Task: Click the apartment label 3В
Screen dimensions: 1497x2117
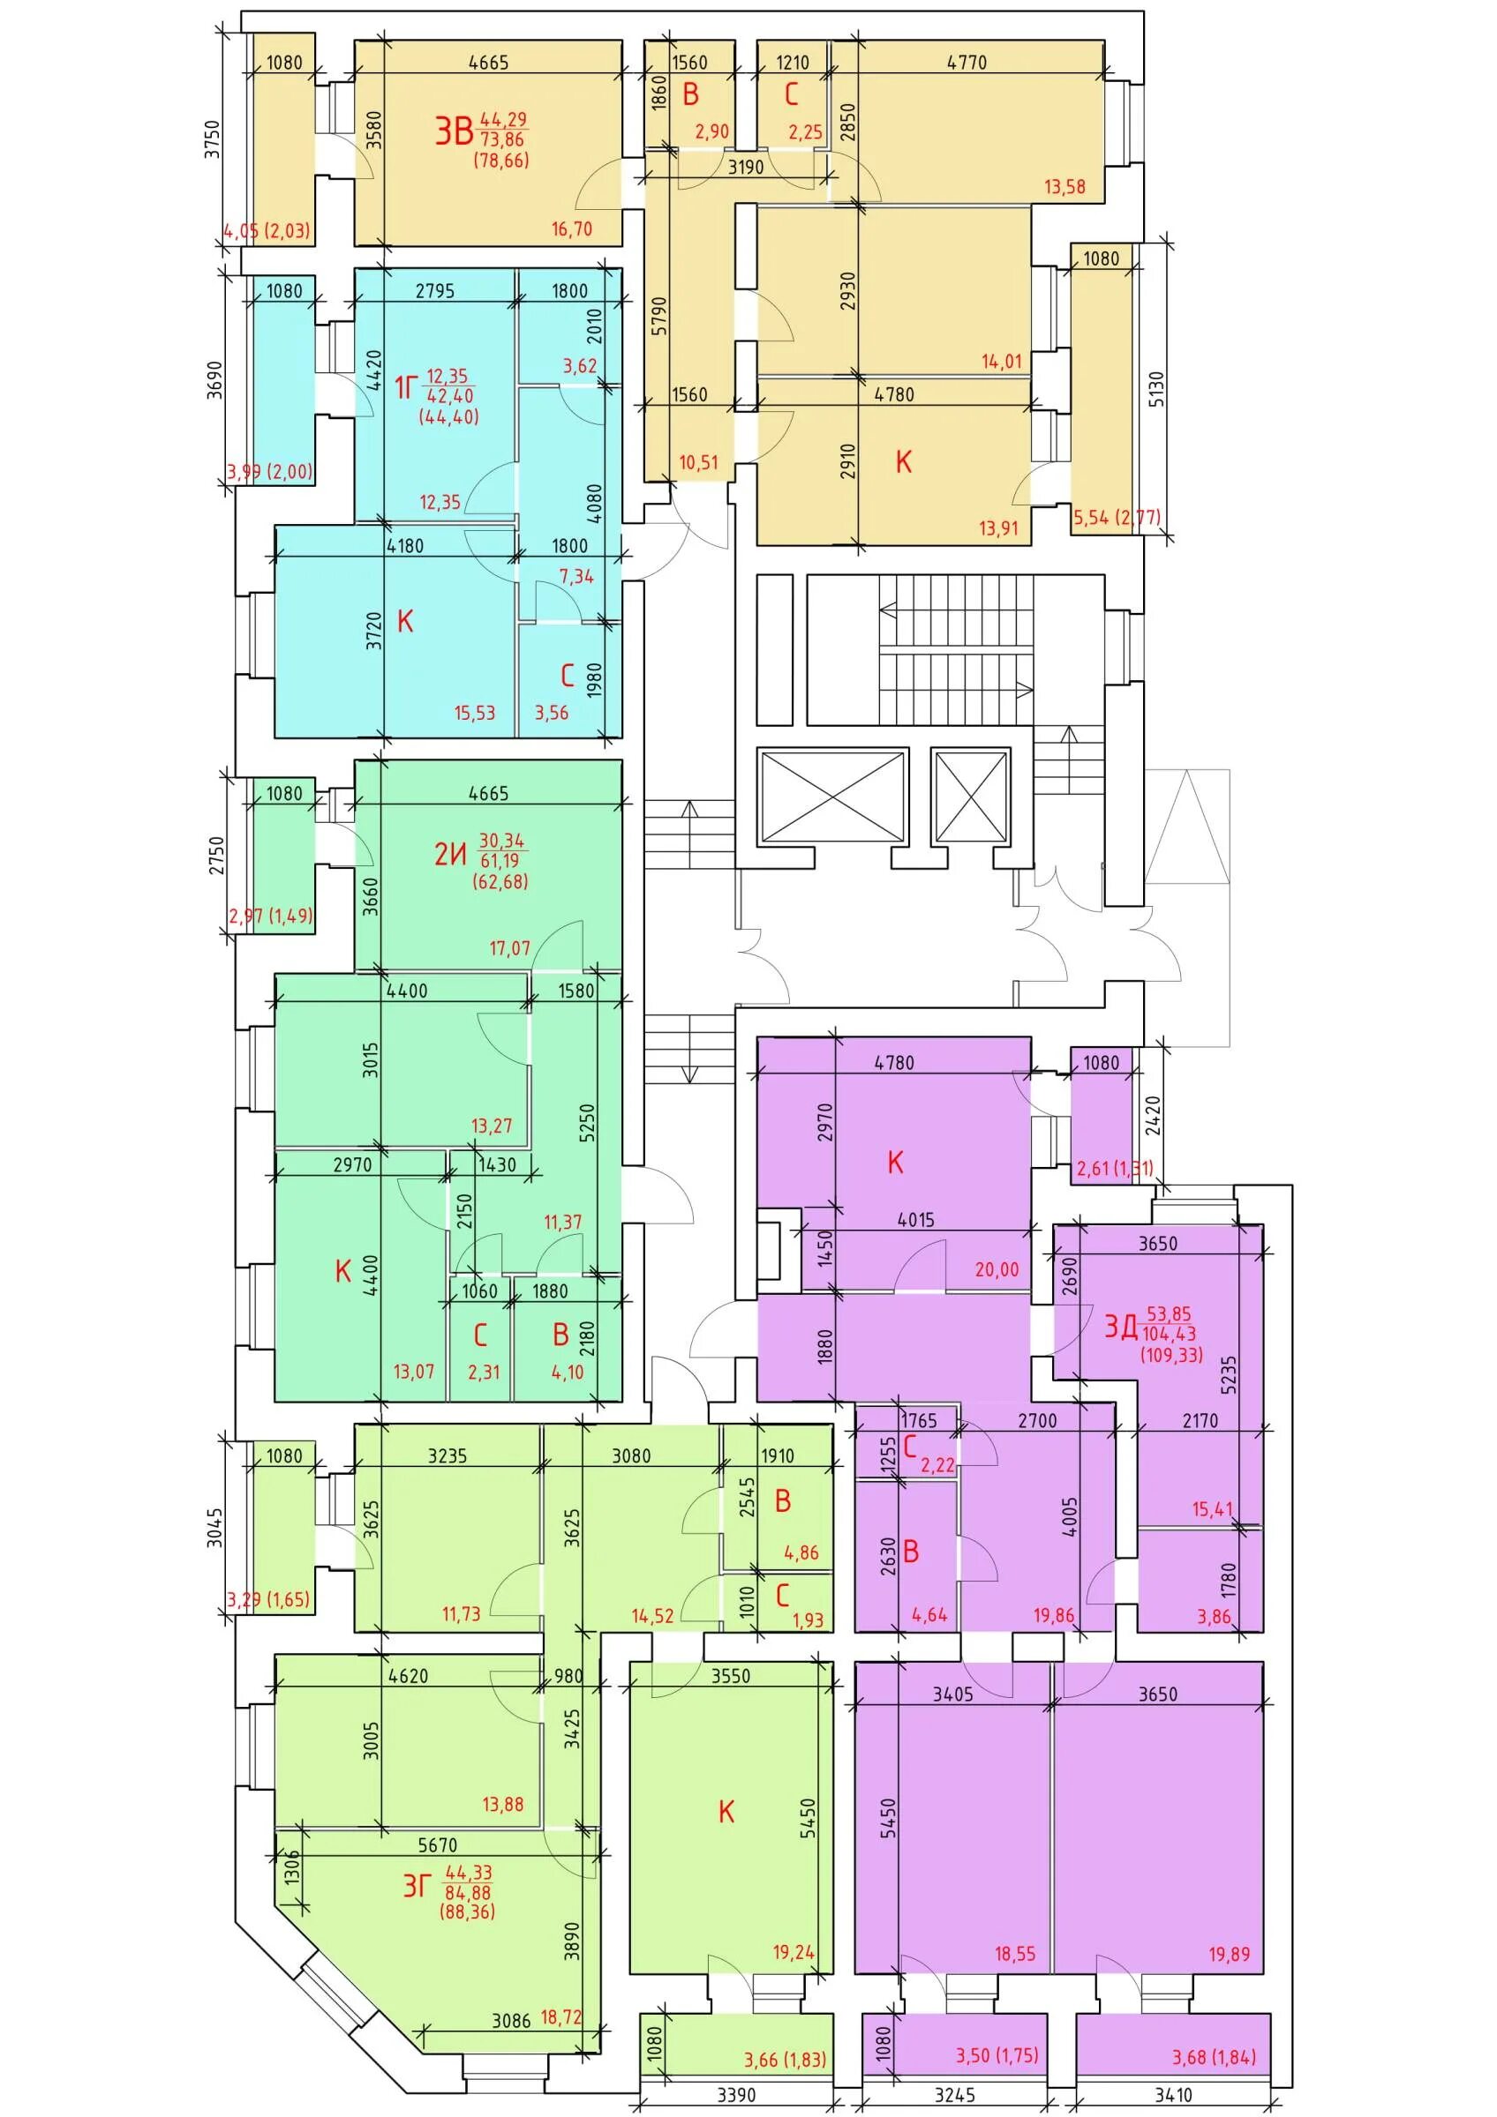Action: (x=454, y=131)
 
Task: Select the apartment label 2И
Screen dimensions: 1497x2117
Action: (x=450, y=855)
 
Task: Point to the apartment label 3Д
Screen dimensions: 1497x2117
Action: (x=1121, y=1327)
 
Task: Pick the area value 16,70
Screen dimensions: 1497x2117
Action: (x=572, y=228)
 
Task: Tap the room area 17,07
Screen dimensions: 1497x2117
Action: (x=510, y=947)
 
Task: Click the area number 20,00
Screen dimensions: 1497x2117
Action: (x=998, y=1269)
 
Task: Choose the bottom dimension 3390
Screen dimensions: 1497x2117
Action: (x=736, y=2095)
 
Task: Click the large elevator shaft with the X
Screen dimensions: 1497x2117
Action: (x=832, y=795)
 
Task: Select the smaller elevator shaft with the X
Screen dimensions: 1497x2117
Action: (x=970, y=795)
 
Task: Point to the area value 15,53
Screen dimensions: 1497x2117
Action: (x=475, y=712)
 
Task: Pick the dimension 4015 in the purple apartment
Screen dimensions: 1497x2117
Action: (x=916, y=1220)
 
